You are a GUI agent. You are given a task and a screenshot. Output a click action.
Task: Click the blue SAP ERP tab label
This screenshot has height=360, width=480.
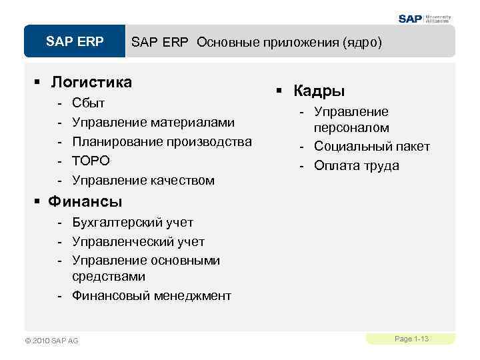pos(75,42)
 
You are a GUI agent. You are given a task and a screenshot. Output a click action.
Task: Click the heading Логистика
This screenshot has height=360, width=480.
pos(91,82)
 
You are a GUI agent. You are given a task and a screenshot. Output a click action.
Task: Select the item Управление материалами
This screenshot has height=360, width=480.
pos(153,123)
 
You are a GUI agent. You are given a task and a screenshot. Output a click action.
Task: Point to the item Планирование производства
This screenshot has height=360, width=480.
pos(162,141)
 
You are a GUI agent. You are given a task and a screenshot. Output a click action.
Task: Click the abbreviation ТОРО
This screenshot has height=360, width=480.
pos(91,161)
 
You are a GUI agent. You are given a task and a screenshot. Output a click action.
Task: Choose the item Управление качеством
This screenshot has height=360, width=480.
pos(143,180)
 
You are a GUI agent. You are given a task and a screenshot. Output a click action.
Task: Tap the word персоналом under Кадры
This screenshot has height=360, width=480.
pos(352,127)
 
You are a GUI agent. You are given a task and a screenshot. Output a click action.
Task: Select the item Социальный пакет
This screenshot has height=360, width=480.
pos(372,147)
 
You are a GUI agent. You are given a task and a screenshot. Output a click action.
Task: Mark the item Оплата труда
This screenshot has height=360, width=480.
pos(357,165)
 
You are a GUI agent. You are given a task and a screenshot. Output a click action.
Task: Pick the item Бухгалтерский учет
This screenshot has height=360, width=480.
pos(133,222)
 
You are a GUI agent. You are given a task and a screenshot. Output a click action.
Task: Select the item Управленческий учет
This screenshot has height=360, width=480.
pos(138,241)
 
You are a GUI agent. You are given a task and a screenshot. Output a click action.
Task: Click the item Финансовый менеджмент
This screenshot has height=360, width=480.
pos(151,295)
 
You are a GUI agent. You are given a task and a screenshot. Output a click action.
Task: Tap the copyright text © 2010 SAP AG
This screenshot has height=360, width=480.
pos(51,341)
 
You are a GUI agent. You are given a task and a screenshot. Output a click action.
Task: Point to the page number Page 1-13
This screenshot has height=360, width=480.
pos(411,339)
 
